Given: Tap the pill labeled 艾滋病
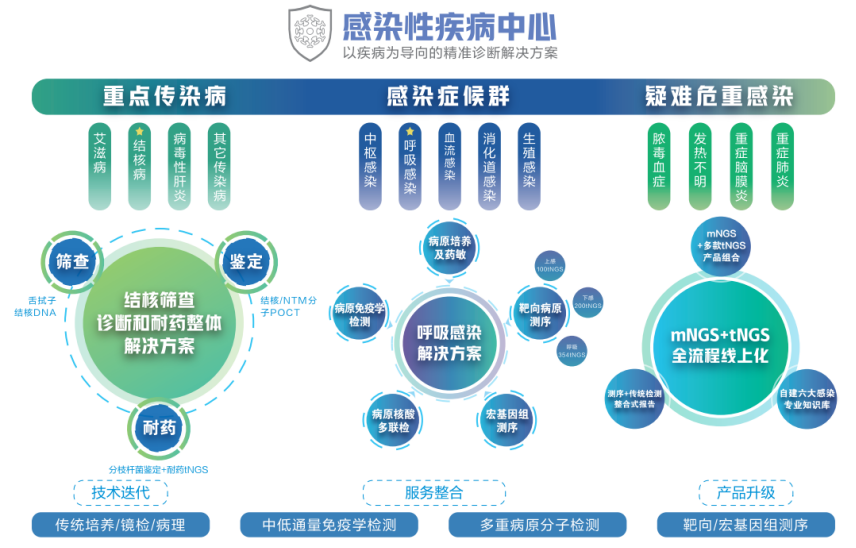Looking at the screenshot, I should tap(99, 166).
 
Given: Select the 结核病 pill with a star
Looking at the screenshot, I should tap(139, 166).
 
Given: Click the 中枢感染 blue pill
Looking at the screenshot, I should tap(370, 166).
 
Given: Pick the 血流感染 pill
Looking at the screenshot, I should tap(449, 166).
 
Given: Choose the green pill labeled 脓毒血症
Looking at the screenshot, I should tap(658, 166).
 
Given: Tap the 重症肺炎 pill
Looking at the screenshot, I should tap(783, 166).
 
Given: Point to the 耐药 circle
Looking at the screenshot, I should tap(159, 428).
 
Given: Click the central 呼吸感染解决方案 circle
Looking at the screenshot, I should tap(449, 343).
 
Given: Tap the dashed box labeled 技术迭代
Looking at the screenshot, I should tap(120, 492).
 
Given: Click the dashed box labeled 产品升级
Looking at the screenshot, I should tap(746, 492).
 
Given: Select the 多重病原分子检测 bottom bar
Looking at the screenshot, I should tap(538, 525).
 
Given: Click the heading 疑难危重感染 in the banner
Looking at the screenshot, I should tap(719, 96).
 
